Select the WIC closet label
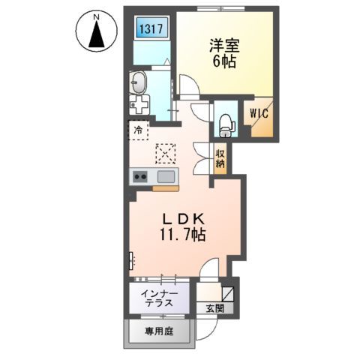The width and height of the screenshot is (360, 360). point(259,115)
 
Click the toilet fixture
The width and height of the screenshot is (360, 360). point(225,124)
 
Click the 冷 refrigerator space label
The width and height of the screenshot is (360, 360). point(138,130)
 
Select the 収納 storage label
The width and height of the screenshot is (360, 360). point(220,158)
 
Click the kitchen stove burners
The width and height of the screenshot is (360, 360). point(141,178)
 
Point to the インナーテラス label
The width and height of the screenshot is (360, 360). point(158,298)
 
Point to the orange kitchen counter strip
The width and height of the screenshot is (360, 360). point(166,188)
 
